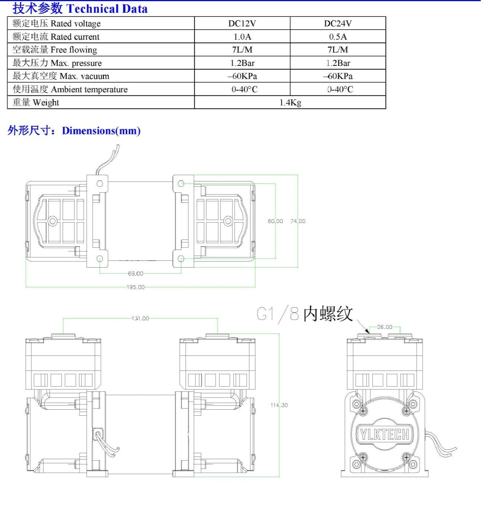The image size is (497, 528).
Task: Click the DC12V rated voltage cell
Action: coord(242,24)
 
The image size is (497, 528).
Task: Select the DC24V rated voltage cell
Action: coord(338,24)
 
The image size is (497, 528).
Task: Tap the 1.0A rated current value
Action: coord(242,37)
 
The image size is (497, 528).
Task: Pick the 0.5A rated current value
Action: coord(338,37)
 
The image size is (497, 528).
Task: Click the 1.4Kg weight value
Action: coord(290,103)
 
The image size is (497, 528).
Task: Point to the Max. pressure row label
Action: coord(57,63)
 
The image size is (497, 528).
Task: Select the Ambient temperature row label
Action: coord(70,89)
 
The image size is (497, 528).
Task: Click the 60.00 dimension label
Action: coord(275,221)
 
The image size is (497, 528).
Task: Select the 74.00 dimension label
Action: coord(298,221)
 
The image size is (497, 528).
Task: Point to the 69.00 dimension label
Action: coord(135,274)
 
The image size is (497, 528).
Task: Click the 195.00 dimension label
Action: coord(135,287)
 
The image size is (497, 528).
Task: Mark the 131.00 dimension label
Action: coord(140,318)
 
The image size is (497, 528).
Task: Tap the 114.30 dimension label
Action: coord(279,405)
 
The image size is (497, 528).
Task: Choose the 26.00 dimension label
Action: coord(385,327)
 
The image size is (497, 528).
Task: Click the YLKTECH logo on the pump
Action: coord(385,434)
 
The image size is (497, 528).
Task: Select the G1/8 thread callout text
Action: coord(305,314)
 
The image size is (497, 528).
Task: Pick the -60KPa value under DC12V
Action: coord(242,76)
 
